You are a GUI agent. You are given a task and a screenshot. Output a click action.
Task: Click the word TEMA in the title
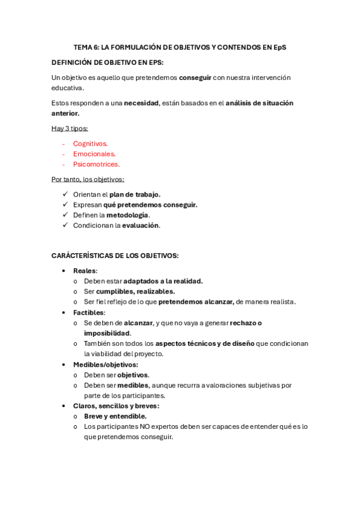coord(82,47)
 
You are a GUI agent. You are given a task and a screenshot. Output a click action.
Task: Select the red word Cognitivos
coord(90,144)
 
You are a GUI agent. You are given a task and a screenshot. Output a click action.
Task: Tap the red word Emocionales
coord(94,154)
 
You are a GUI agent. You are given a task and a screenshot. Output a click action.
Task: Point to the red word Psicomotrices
coord(96,164)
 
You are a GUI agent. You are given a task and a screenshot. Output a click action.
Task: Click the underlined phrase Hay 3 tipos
coord(70,128)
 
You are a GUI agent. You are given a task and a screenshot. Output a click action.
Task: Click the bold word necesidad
coord(141,103)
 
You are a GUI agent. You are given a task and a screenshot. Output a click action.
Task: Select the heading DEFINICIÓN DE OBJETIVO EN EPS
coord(107,63)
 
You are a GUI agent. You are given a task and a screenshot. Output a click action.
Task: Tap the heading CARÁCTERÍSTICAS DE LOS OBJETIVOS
coord(115,256)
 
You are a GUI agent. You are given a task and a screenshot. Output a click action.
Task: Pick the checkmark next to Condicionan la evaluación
coord(65,226)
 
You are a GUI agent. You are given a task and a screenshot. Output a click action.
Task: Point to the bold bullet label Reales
coord(85,271)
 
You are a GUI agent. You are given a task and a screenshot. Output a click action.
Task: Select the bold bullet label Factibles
coord(89,313)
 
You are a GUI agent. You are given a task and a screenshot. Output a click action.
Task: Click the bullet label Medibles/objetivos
coord(105,364)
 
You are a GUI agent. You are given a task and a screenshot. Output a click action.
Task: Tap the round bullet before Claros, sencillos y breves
coord(64,406)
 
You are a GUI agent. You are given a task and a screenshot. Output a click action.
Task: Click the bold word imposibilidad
coord(107,333)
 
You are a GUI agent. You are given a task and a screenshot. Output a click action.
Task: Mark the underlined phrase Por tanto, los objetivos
coord(88,179)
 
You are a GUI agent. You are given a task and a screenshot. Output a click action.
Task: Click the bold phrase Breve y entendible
coord(115,416)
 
